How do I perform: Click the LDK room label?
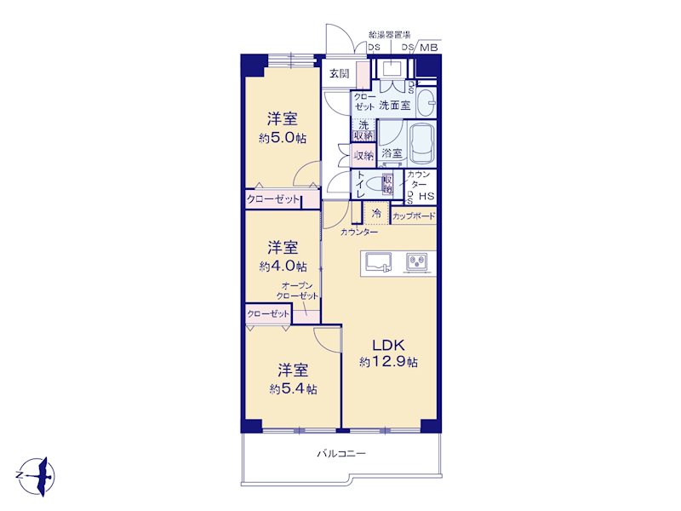[389, 346]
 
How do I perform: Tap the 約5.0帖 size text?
[283, 139]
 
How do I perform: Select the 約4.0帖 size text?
[283, 266]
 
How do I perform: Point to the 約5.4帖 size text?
[293, 389]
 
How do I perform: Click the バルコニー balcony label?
[341, 454]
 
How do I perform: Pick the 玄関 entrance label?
[339, 73]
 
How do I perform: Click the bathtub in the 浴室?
[421, 142]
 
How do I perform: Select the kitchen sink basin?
[378, 262]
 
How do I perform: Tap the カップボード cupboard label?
[414, 216]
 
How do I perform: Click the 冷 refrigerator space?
[376, 214]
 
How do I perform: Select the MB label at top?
[429, 48]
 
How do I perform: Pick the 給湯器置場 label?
[390, 35]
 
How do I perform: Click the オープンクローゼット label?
[297, 290]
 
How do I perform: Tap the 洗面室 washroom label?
[395, 105]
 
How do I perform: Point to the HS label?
[426, 197]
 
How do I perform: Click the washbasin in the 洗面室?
[427, 103]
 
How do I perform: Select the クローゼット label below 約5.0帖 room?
[273, 199]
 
